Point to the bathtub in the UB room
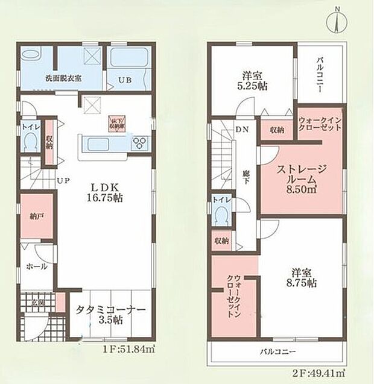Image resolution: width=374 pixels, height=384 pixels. [128, 61]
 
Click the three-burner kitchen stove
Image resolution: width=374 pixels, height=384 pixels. [140, 142]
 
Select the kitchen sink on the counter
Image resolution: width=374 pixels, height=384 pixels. [97, 143]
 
